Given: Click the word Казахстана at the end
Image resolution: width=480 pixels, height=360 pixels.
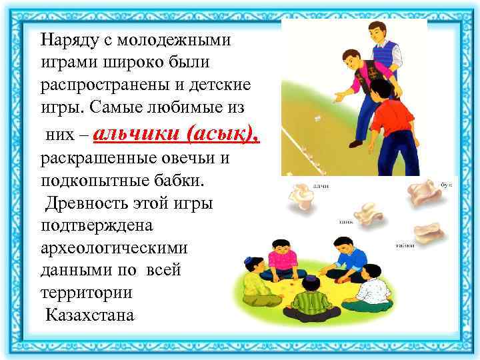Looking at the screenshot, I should coord(89,314).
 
